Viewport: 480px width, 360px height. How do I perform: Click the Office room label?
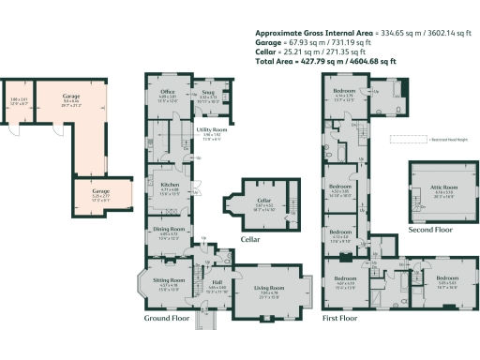pyautogui.click(x=168, y=90)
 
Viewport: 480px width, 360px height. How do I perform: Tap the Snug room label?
pyautogui.click(x=209, y=90)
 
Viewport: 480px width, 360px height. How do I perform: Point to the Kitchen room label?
pyautogui.click(x=170, y=185)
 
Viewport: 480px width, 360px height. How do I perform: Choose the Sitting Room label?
pyautogui.click(x=169, y=280)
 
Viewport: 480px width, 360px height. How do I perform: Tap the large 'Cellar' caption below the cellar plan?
pyautogui.click(x=250, y=239)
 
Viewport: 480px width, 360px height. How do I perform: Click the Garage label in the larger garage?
pyautogui.click(x=69, y=96)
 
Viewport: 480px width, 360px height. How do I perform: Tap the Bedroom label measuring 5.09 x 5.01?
pyautogui.click(x=446, y=277)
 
